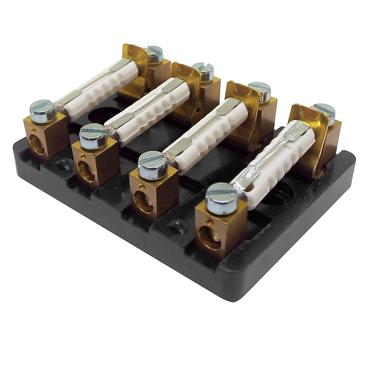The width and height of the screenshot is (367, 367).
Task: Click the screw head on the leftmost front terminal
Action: [43, 110]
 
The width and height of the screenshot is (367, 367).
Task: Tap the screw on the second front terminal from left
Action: [93, 135]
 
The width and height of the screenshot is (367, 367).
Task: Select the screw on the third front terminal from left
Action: [153, 165]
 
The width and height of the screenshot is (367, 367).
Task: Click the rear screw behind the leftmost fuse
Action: [153, 53]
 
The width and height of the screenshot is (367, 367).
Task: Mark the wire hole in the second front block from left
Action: [86, 171]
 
